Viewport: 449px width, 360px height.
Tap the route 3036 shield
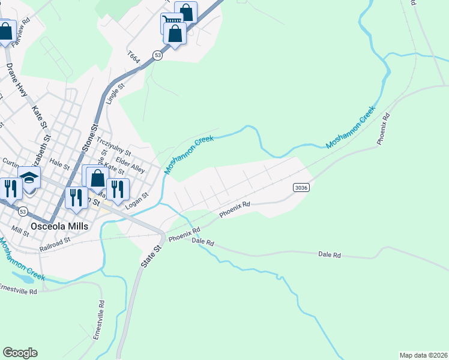point(301,188)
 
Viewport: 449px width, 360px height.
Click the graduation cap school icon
point(29,178)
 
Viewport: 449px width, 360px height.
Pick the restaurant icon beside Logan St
point(118,189)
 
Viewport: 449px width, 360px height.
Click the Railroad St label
point(55,244)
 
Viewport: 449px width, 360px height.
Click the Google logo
point(20,352)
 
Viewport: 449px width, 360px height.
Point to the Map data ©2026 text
point(423,355)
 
